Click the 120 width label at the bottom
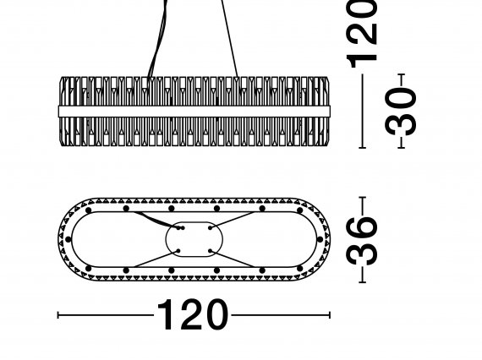(x=193, y=314)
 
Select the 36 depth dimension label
(x=362, y=240)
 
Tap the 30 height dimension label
(x=401, y=111)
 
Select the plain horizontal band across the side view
(x=194, y=112)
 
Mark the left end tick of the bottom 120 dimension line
(x=58, y=315)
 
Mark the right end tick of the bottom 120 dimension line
(x=330, y=315)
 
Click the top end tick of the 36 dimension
(x=362, y=198)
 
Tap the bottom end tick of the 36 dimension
(x=362, y=281)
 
